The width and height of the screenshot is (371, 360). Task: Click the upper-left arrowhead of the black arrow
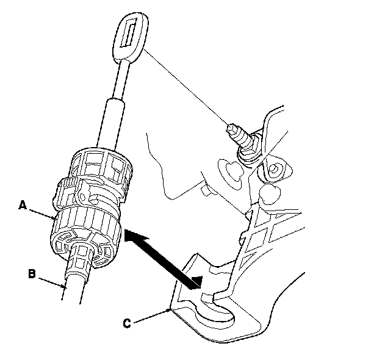point(131,235)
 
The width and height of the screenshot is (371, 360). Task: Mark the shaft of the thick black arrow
point(162,257)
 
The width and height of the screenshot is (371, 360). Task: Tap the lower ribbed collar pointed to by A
point(85,235)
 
